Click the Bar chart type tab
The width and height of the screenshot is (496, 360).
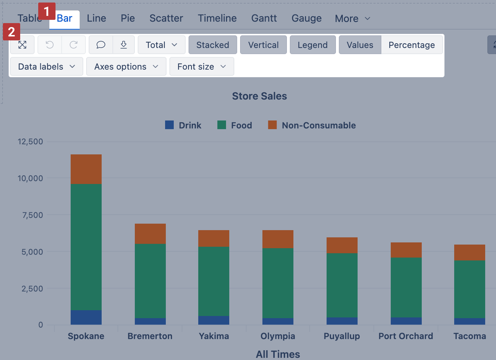(x=65, y=18)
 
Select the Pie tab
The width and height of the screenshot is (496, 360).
(x=128, y=18)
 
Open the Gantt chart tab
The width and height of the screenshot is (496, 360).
(x=264, y=18)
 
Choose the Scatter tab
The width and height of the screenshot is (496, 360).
(x=166, y=18)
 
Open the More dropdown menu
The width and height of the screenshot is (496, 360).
(x=352, y=18)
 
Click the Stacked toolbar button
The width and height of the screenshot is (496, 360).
(x=213, y=45)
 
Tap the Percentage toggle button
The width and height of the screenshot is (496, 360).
(x=411, y=45)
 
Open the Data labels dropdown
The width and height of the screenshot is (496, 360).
(x=46, y=67)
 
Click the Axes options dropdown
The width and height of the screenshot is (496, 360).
(x=126, y=67)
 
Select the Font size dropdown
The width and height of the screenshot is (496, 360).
(x=201, y=67)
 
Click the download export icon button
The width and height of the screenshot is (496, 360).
(x=124, y=45)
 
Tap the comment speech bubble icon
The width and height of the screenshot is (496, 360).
(x=101, y=45)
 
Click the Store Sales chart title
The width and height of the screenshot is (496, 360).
(x=259, y=96)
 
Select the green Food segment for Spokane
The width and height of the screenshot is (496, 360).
(x=86, y=247)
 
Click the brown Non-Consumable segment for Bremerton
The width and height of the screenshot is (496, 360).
(x=150, y=234)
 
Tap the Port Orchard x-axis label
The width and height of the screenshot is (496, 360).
(x=406, y=336)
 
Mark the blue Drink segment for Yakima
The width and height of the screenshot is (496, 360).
(x=214, y=320)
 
